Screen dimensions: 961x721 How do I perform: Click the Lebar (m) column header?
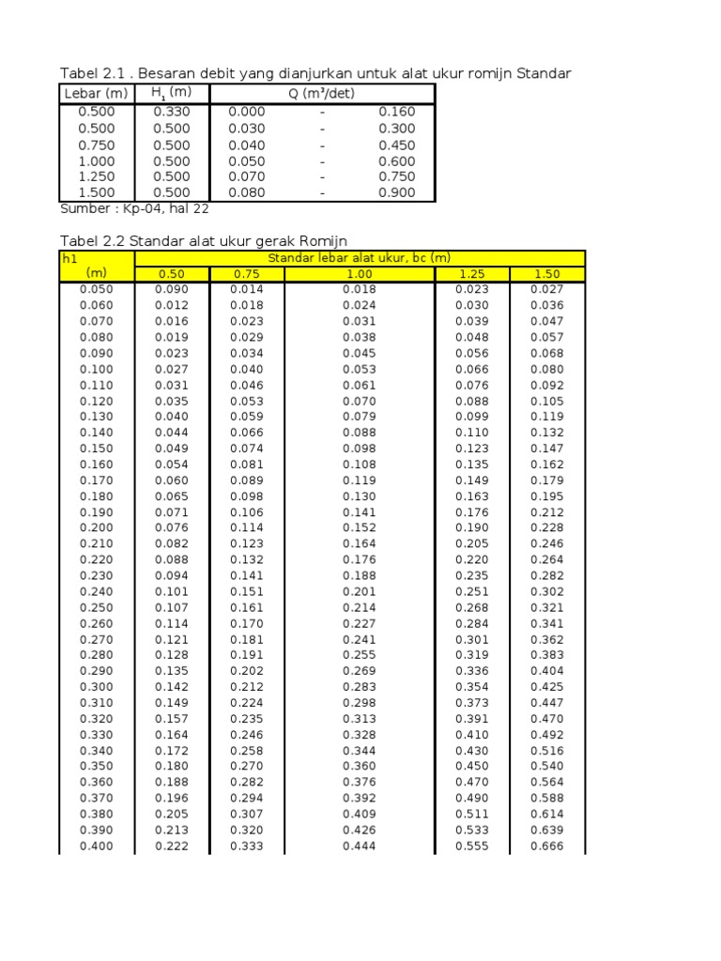[96, 93]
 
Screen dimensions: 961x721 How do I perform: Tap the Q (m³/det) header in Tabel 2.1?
[322, 93]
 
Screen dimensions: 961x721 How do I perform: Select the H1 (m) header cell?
[171, 93]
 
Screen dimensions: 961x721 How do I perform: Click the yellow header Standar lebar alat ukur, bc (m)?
[360, 258]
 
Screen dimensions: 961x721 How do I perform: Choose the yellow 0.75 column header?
[246, 274]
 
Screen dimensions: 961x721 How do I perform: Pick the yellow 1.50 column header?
[547, 274]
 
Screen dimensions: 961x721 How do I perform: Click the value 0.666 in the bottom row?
[547, 847]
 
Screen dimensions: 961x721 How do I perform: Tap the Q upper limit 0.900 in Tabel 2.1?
[396, 192]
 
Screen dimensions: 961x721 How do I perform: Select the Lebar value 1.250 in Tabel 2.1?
[96, 176]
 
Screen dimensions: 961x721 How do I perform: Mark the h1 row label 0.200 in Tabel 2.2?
[96, 528]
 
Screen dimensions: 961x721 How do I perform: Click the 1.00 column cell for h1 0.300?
[360, 688]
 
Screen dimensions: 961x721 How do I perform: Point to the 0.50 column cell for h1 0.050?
[171, 290]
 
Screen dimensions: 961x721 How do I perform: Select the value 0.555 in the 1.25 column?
[472, 847]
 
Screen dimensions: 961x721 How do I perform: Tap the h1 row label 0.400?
[96, 847]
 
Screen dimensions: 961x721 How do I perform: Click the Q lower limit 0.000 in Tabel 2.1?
[247, 112]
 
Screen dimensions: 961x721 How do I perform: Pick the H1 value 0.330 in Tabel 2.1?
[171, 112]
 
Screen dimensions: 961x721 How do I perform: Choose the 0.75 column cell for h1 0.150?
[246, 449]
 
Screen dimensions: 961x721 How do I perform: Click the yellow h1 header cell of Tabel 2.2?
[96, 266]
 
